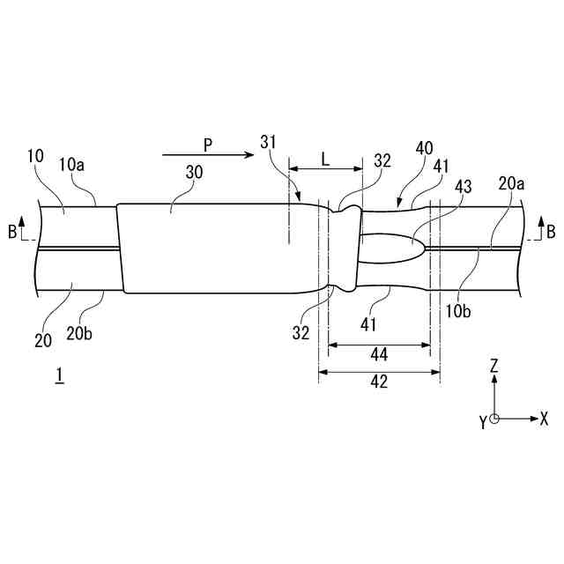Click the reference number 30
(194, 173)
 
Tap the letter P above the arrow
(207, 143)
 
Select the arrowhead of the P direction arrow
(249, 155)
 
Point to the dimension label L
(325, 159)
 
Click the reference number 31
(270, 141)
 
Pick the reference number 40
(424, 149)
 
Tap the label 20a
(510, 183)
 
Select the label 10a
(73, 165)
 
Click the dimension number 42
(380, 382)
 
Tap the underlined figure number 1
(59, 375)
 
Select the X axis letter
(544, 419)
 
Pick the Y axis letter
(483, 423)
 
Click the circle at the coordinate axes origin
(495, 419)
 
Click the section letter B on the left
(11, 232)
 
